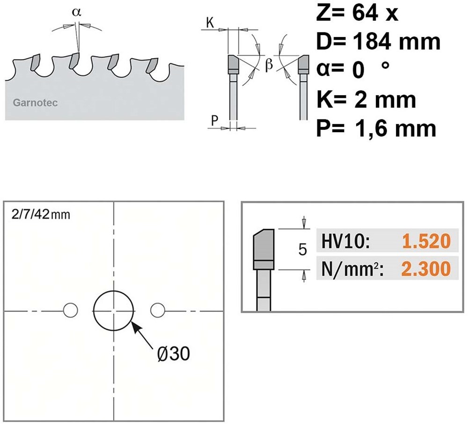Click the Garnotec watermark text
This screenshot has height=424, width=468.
[x=35, y=103]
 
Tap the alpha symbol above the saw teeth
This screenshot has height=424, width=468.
[x=76, y=12]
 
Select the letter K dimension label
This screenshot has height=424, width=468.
[x=210, y=22]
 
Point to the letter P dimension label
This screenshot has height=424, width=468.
[x=215, y=121]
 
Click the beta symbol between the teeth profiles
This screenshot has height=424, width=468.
[x=269, y=65]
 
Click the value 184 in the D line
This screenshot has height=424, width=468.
[x=372, y=42]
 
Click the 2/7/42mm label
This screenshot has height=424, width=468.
[x=41, y=215]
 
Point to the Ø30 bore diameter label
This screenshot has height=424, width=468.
[x=174, y=354]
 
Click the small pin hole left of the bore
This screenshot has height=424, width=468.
[x=71, y=310]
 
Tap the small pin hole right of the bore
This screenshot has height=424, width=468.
[x=158, y=310]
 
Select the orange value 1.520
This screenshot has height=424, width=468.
[x=426, y=241]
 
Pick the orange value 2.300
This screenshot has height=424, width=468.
[x=426, y=268]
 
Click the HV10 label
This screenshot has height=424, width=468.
[x=346, y=241]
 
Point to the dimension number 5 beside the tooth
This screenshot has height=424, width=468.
[x=303, y=249]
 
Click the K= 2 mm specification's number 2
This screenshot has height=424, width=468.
[x=361, y=100]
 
